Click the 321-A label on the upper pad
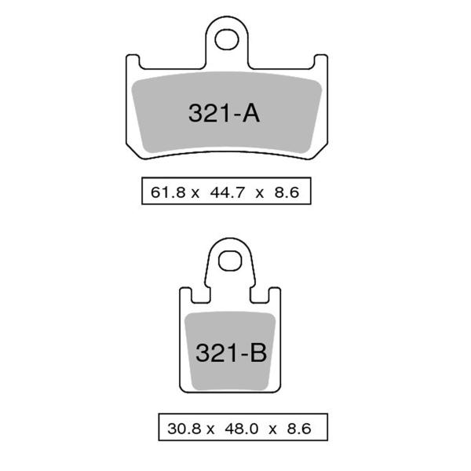(223, 114)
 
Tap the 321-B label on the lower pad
(231, 353)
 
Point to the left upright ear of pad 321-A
(133, 63)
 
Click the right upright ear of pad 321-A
(321, 63)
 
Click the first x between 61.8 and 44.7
(194, 192)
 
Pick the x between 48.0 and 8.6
(272, 429)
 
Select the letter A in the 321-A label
(250, 114)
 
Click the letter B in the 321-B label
(258, 353)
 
